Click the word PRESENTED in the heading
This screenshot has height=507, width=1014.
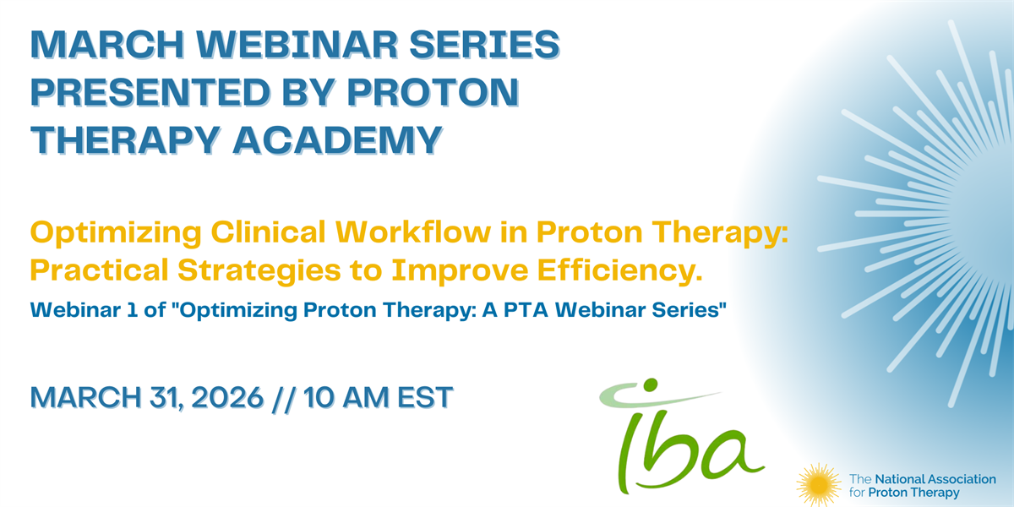pyautogui.click(x=150, y=92)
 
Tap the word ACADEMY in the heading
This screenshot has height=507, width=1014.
pyautogui.click(x=338, y=140)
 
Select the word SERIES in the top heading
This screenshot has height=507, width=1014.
pyautogui.click(x=484, y=44)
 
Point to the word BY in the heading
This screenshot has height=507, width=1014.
pyautogui.click(x=308, y=92)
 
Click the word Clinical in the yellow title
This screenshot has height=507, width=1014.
pyautogui.click(x=268, y=232)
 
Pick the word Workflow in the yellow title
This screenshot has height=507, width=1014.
pyautogui.click(x=413, y=232)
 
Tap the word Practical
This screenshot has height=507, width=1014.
pyautogui.click(x=99, y=270)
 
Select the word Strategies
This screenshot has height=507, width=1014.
pyautogui.click(x=259, y=270)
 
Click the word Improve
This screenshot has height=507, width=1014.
pyautogui.click(x=460, y=270)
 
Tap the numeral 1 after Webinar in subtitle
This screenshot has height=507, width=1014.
pyautogui.click(x=132, y=310)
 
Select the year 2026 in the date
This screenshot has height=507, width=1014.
pyautogui.click(x=227, y=397)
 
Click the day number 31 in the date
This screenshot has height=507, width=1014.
pyautogui.click(x=166, y=398)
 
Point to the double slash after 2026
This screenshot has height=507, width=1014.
pyautogui.click(x=284, y=398)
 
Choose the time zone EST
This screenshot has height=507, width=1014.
pyautogui.click(x=425, y=397)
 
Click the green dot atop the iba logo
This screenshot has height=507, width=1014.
pyautogui.click(x=651, y=384)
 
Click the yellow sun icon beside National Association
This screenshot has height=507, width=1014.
pyautogui.click(x=819, y=485)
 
